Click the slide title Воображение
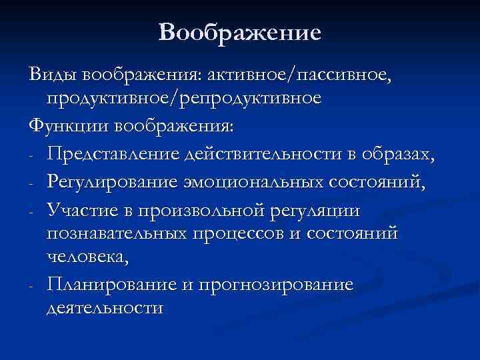click(x=240, y=32)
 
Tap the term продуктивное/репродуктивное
click(x=184, y=98)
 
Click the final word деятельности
click(x=105, y=309)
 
